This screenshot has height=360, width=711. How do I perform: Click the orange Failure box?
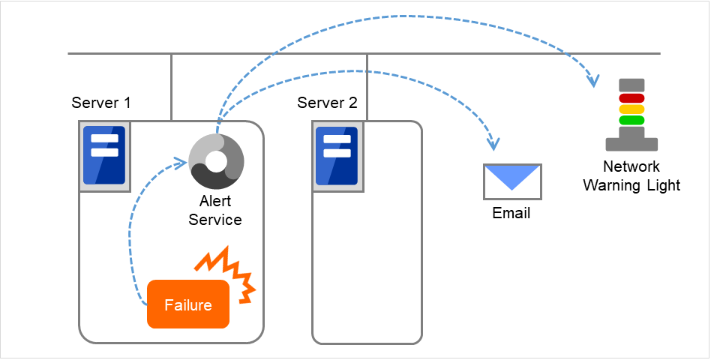[x=187, y=304]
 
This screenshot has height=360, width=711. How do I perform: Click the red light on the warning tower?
[x=631, y=97]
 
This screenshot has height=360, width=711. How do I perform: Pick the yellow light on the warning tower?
[x=631, y=109]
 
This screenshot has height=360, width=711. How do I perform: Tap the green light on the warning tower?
[x=631, y=119]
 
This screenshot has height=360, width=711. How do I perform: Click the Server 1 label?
[x=101, y=103]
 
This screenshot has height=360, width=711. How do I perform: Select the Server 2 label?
[x=327, y=103]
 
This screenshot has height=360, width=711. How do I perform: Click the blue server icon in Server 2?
[x=336, y=155]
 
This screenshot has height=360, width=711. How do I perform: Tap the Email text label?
[x=511, y=214]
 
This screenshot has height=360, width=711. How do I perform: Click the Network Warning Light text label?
[x=631, y=175]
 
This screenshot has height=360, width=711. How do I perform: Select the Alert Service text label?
[x=215, y=211]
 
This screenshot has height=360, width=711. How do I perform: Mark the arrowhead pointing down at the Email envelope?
[x=493, y=143]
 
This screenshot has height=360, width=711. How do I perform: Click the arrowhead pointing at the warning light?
[x=595, y=78]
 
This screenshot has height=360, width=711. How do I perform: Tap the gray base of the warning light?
[x=631, y=139]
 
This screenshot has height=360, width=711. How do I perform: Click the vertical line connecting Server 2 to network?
[x=367, y=87]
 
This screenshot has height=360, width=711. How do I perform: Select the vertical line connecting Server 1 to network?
[x=172, y=87]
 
